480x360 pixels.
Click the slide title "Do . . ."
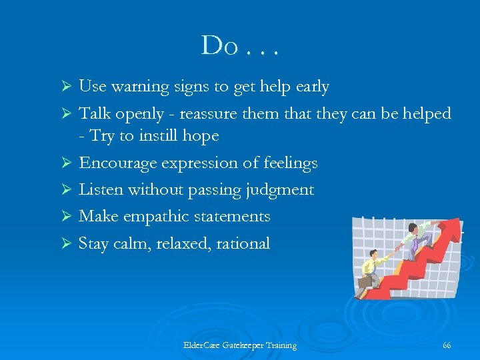click(x=239, y=45)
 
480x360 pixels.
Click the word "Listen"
click(x=101, y=190)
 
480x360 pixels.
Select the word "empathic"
click(x=158, y=217)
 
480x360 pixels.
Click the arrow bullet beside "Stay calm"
click(x=66, y=244)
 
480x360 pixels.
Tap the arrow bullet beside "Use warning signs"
click(x=66, y=87)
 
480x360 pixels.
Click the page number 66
click(x=447, y=345)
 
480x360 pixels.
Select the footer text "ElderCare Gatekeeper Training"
click(x=239, y=345)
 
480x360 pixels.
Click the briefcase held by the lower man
click(x=365, y=281)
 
